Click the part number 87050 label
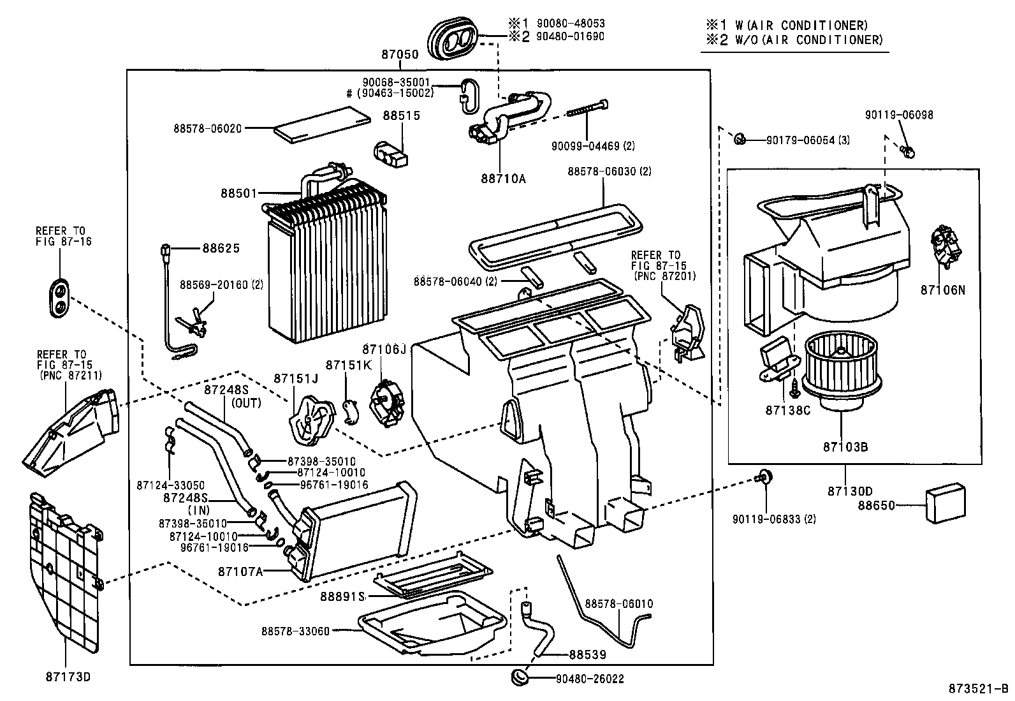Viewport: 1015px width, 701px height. [x=400, y=55]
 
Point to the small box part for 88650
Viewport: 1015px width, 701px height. [x=946, y=504]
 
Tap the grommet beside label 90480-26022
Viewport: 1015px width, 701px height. [x=520, y=676]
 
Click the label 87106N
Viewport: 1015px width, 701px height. [x=942, y=290]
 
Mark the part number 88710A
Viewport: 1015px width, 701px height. [x=503, y=179]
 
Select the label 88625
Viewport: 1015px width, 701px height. [x=221, y=248]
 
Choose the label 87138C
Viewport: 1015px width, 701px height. [x=787, y=410]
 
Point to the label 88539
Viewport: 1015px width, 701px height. [x=587, y=654]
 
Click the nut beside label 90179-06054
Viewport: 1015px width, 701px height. [x=740, y=138]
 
